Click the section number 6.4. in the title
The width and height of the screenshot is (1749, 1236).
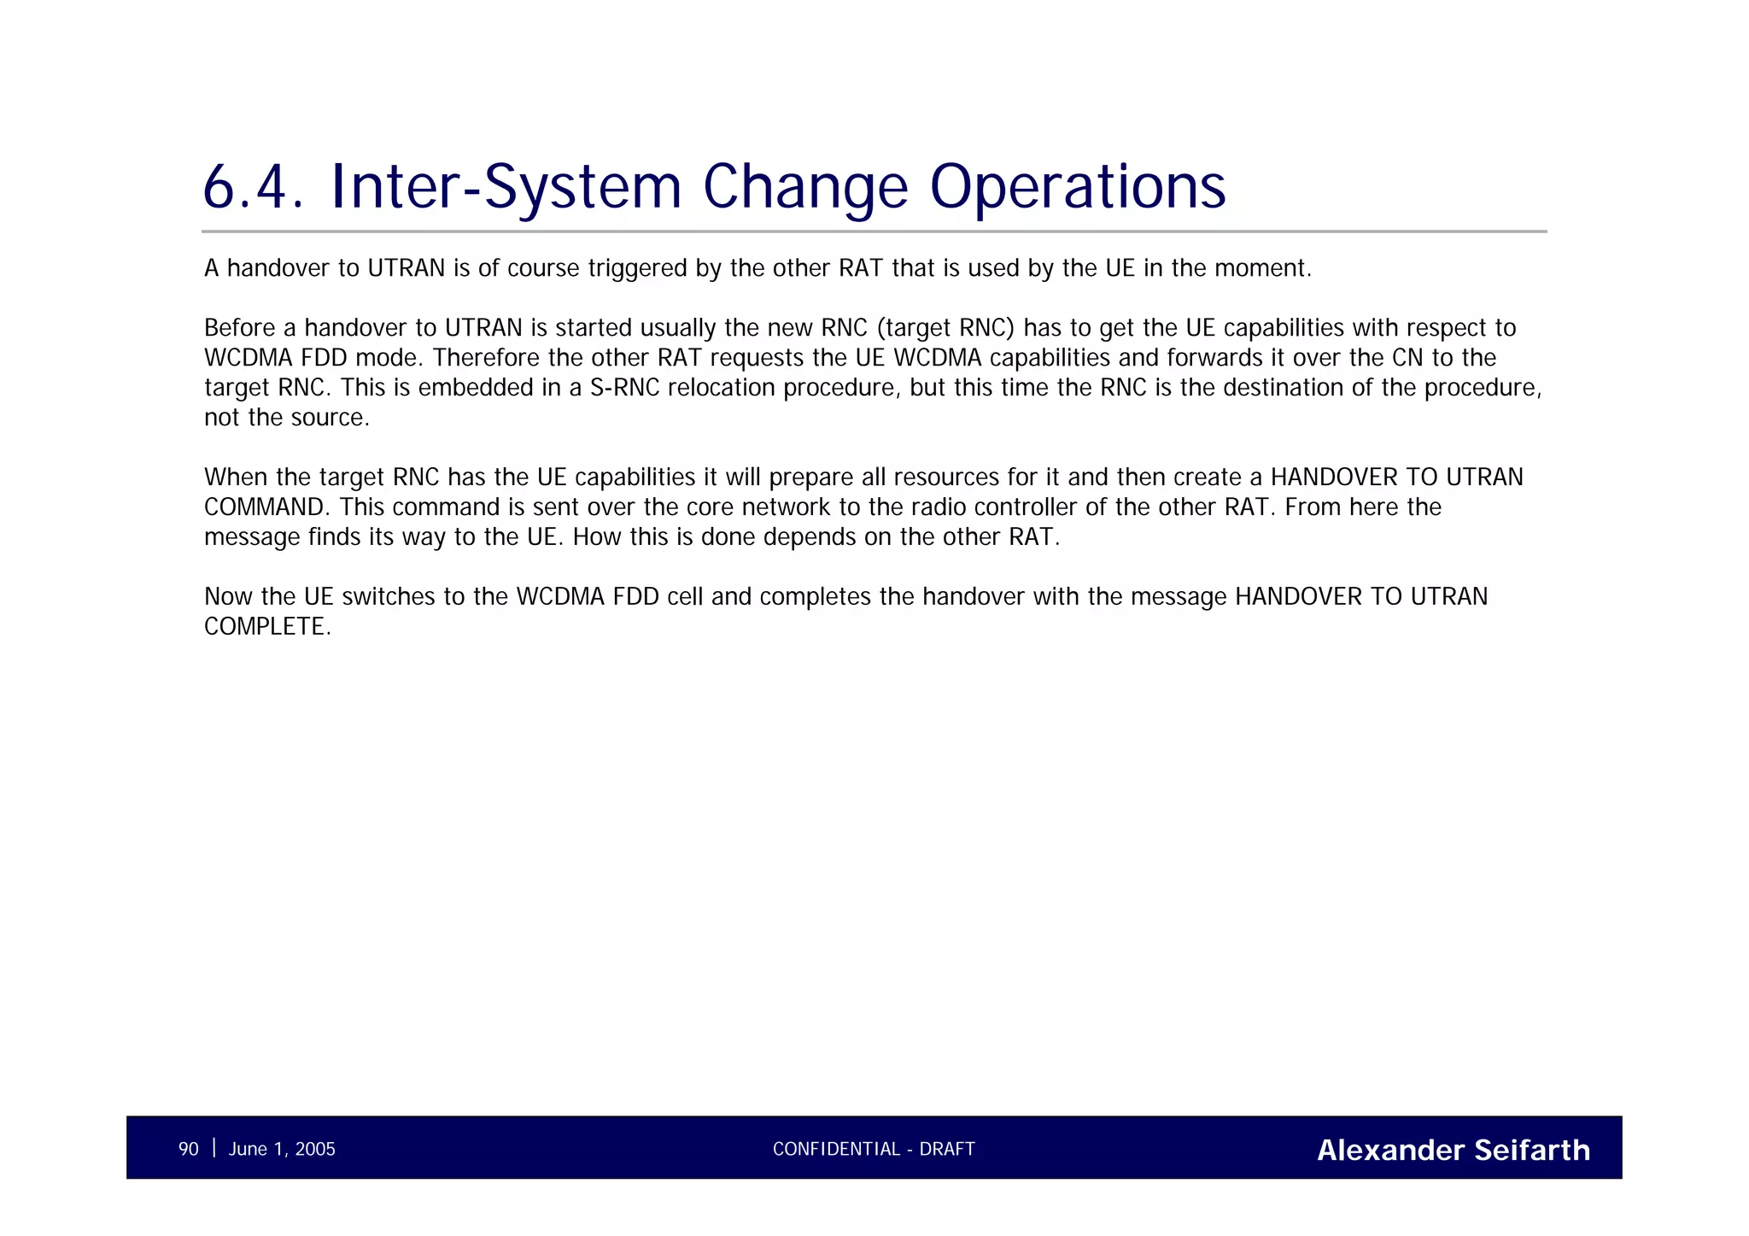point(253,187)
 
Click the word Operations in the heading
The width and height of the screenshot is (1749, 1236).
point(1077,187)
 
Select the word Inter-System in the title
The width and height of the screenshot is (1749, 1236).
point(505,187)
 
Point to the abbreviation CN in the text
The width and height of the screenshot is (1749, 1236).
point(1407,358)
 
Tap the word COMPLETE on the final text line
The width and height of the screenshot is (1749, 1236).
point(265,627)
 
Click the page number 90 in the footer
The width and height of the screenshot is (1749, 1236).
point(188,1149)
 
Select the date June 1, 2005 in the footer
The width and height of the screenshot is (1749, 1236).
point(282,1149)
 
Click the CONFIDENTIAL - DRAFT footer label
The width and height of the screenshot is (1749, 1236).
point(874,1149)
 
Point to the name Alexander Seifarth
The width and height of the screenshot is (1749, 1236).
point(1454,1150)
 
